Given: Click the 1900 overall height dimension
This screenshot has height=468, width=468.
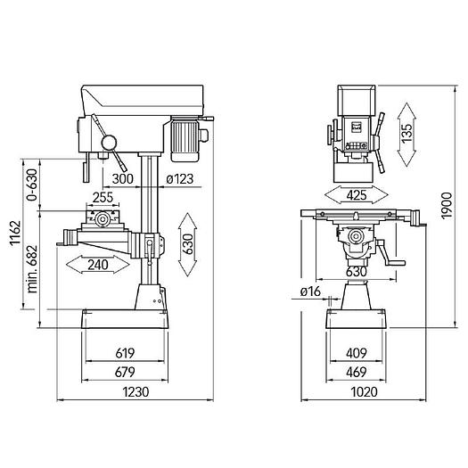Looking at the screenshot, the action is pyautogui.click(x=447, y=206).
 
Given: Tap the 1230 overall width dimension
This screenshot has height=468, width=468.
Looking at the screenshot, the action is pyautogui.click(x=135, y=391).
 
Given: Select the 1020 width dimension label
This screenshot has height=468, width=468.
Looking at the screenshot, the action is pyautogui.click(x=364, y=391).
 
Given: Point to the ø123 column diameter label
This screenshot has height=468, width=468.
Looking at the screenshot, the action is pyautogui.click(x=180, y=179).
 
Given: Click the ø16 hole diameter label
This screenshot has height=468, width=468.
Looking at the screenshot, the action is pyautogui.click(x=310, y=291).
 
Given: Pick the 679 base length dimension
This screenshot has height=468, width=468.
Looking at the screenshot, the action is pyautogui.click(x=125, y=373).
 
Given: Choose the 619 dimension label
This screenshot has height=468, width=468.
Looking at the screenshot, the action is pyautogui.click(x=125, y=353).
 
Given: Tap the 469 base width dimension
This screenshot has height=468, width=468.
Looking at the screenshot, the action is pyautogui.click(x=356, y=373).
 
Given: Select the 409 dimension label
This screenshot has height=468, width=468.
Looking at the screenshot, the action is pyautogui.click(x=356, y=353).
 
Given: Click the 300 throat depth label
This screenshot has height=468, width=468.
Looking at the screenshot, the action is pyautogui.click(x=123, y=179).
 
